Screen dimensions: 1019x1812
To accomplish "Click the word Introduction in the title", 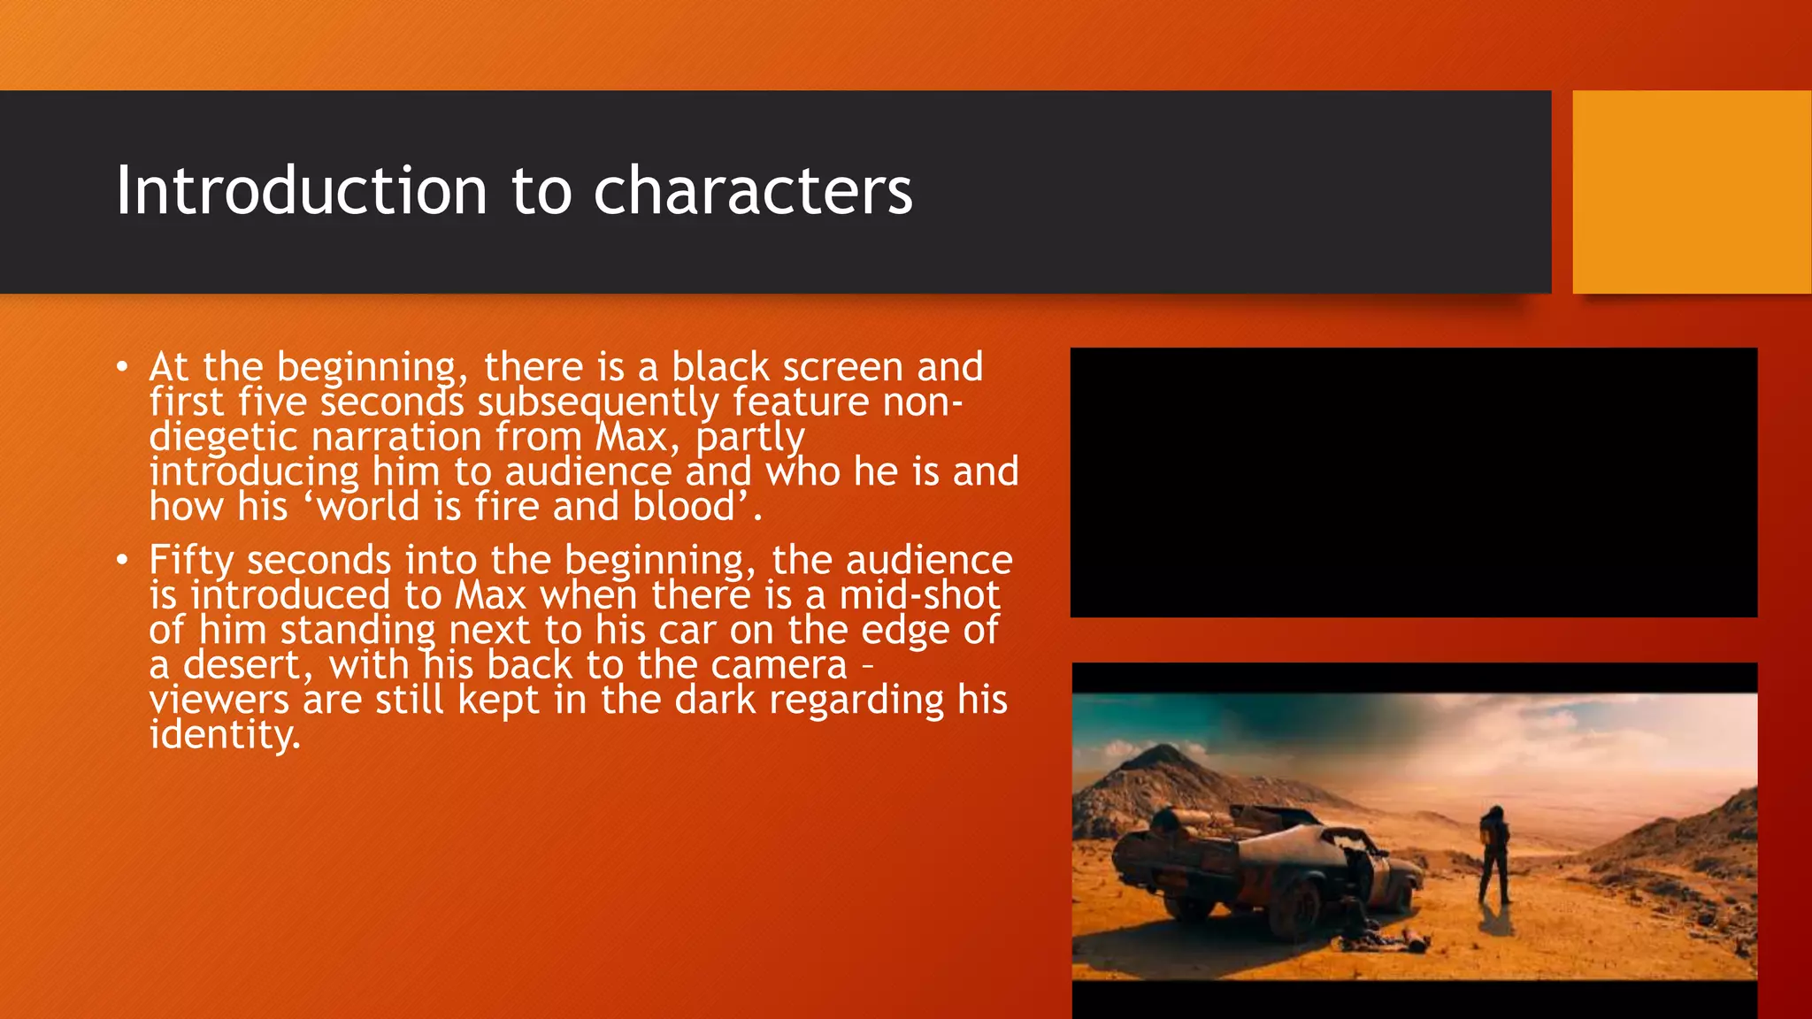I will [302, 190].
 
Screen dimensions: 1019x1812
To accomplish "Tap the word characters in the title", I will [752, 192].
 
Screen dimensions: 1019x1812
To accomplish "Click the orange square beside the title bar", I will [1691, 192].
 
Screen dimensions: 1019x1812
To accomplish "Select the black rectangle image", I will [1413, 482].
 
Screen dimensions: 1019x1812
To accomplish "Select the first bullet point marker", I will [122, 366].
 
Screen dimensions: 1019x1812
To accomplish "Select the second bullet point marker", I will [122, 559].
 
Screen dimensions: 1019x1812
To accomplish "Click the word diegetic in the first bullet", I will [223, 437].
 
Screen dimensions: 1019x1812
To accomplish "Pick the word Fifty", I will [191, 560].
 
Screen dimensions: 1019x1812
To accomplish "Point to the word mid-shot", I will [919, 595].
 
